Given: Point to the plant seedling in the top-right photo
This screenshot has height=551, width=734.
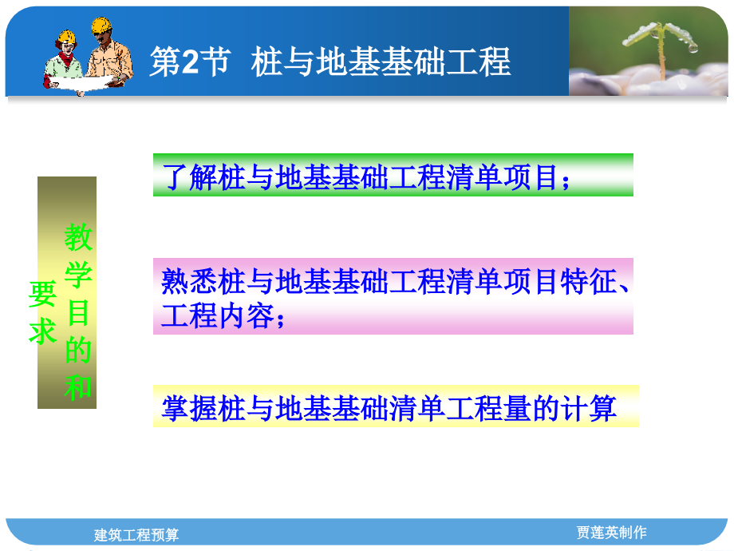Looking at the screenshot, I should pos(661,44).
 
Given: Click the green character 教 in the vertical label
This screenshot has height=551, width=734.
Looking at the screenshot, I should pos(78,236).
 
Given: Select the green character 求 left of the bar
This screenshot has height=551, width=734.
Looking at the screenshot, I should pos(43,331).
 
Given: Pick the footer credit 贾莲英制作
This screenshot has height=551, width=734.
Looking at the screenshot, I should pos(611,532).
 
